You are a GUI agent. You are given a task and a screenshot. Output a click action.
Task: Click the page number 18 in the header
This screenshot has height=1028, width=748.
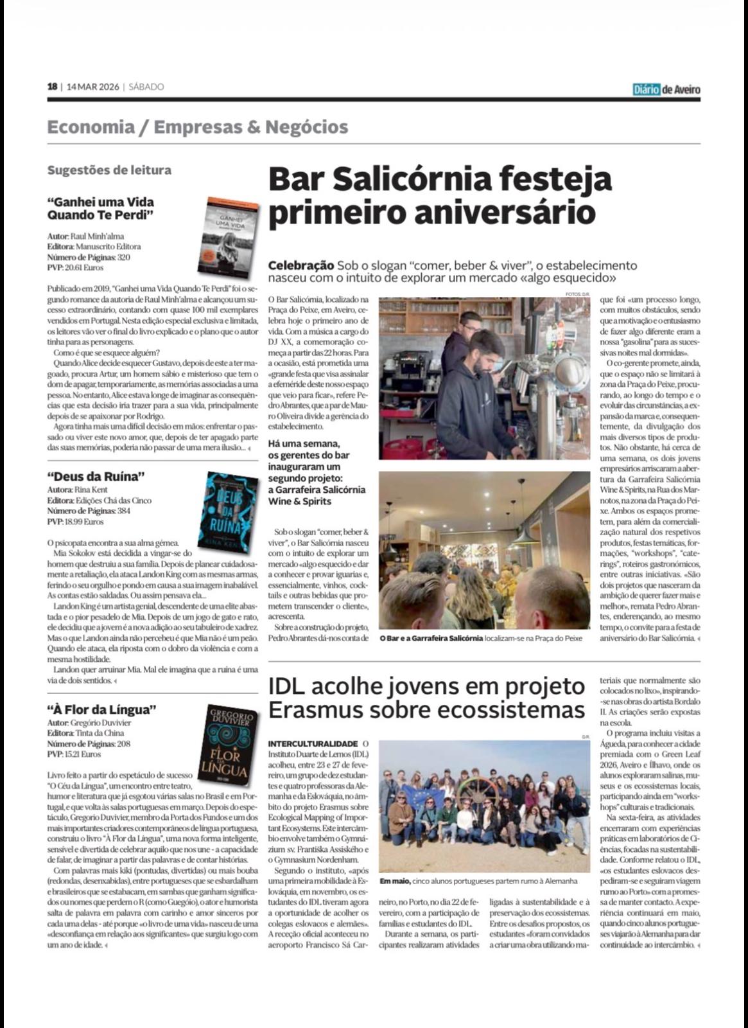52,87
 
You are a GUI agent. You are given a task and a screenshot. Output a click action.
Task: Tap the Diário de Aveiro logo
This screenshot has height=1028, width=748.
666,89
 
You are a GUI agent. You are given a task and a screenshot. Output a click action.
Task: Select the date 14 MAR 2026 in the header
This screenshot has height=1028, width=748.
92,87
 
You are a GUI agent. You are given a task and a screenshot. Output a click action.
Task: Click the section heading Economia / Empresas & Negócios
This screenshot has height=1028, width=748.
198,127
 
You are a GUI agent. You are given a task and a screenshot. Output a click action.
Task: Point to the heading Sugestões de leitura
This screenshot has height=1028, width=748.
109,170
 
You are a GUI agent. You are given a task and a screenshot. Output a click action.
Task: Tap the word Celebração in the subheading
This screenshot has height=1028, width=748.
300,265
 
